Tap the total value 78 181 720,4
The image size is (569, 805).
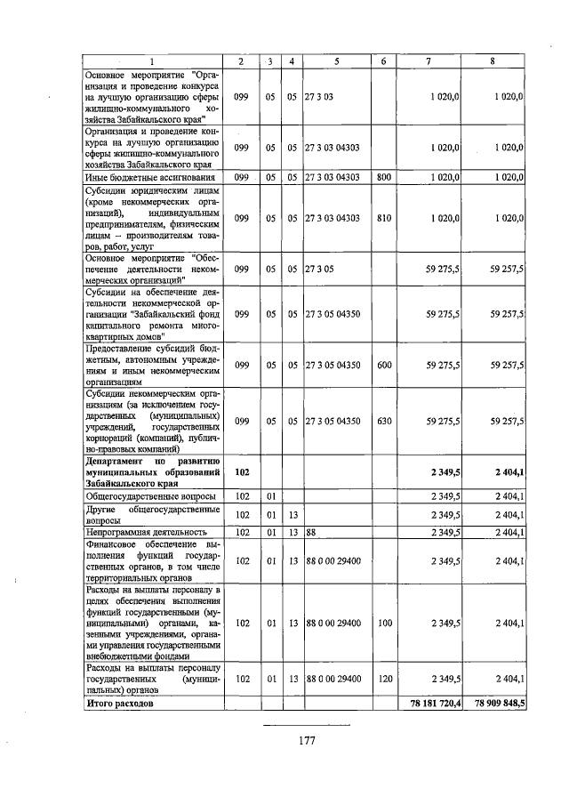tap(429, 704)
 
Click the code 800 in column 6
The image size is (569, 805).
tap(383, 178)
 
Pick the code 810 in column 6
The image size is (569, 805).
tap(383, 217)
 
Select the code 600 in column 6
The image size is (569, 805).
tap(383, 365)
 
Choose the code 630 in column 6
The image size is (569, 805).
tap(383, 422)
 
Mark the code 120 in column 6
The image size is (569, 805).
tap(383, 679)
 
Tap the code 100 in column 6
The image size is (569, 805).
tap(383, 623)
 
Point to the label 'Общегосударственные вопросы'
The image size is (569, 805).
tap(143, 495)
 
